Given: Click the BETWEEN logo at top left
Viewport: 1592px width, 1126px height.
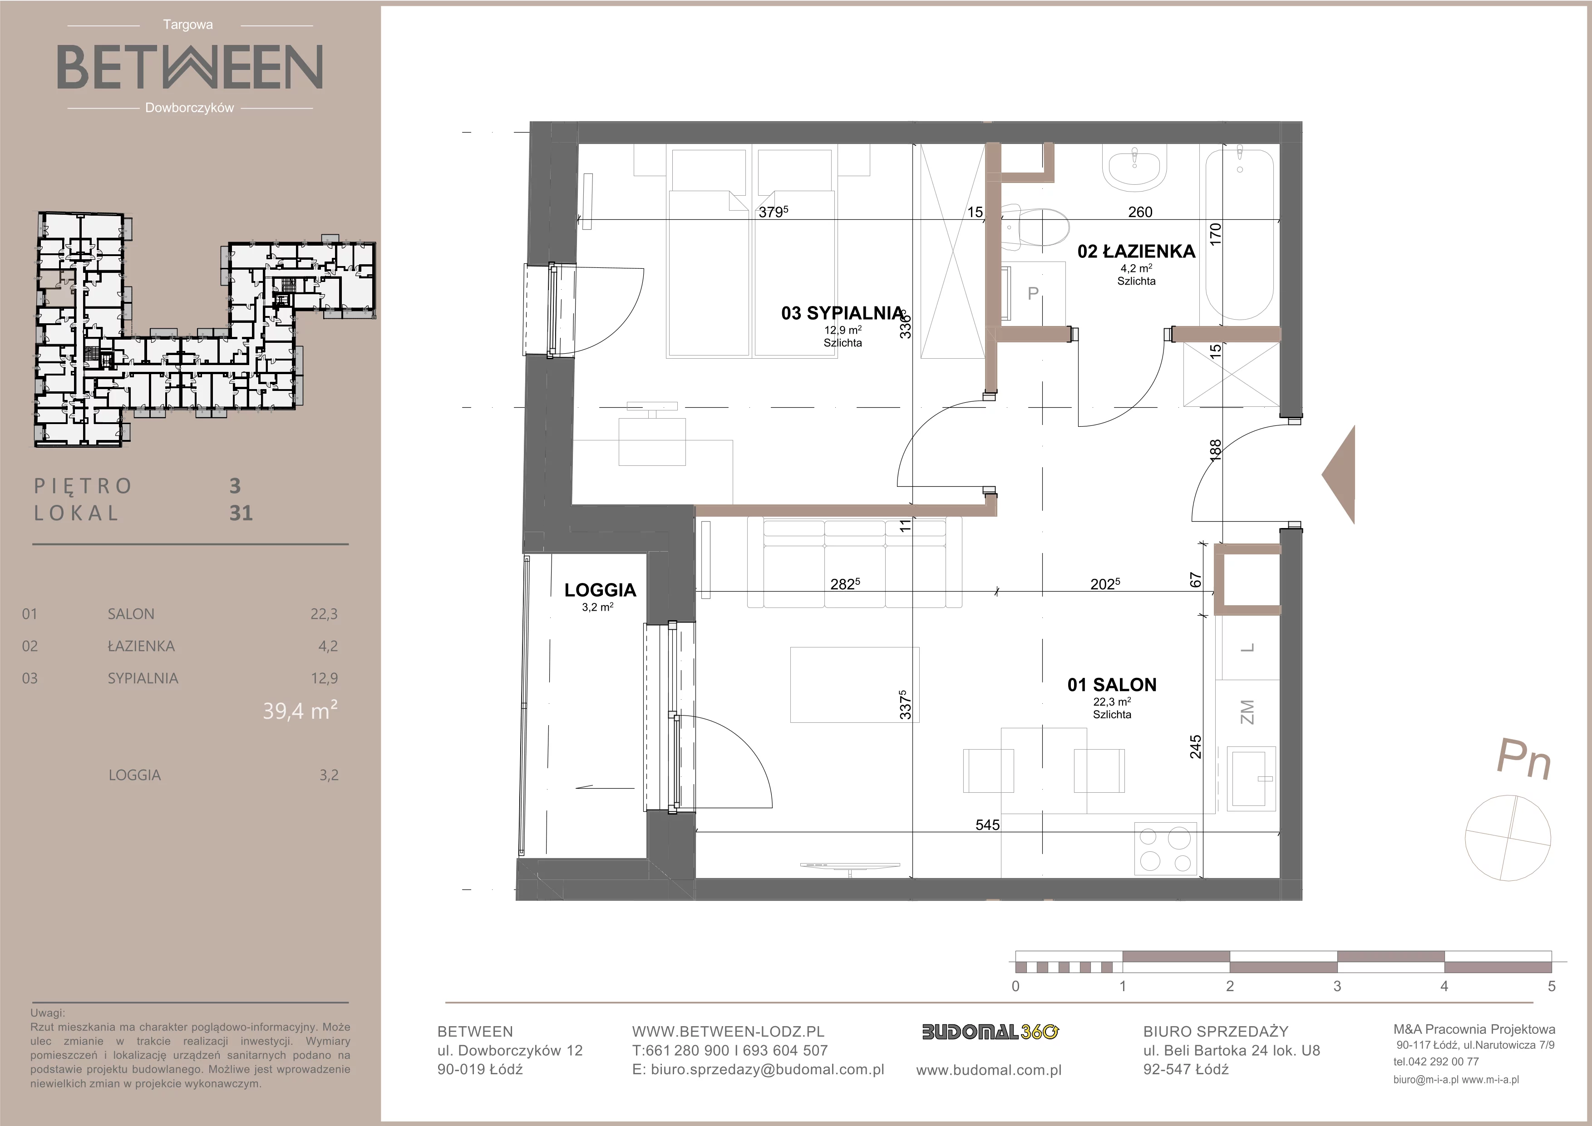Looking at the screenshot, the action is (189, 67).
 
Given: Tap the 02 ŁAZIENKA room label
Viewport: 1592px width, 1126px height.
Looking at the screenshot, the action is (1136, 251).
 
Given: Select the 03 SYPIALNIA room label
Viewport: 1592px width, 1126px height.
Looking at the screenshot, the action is (843, 313).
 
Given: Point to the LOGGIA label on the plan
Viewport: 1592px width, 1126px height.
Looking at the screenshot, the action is (600, 590).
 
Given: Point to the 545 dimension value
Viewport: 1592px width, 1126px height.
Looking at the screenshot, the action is (987, 825).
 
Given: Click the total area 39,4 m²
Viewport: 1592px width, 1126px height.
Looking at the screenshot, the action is (300, 711).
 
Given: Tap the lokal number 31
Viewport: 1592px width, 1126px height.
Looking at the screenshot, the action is (241, 513).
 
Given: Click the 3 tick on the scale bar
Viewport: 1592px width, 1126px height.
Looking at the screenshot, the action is (1337, 986).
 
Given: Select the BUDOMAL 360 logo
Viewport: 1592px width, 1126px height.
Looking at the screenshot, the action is (990, 1032).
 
